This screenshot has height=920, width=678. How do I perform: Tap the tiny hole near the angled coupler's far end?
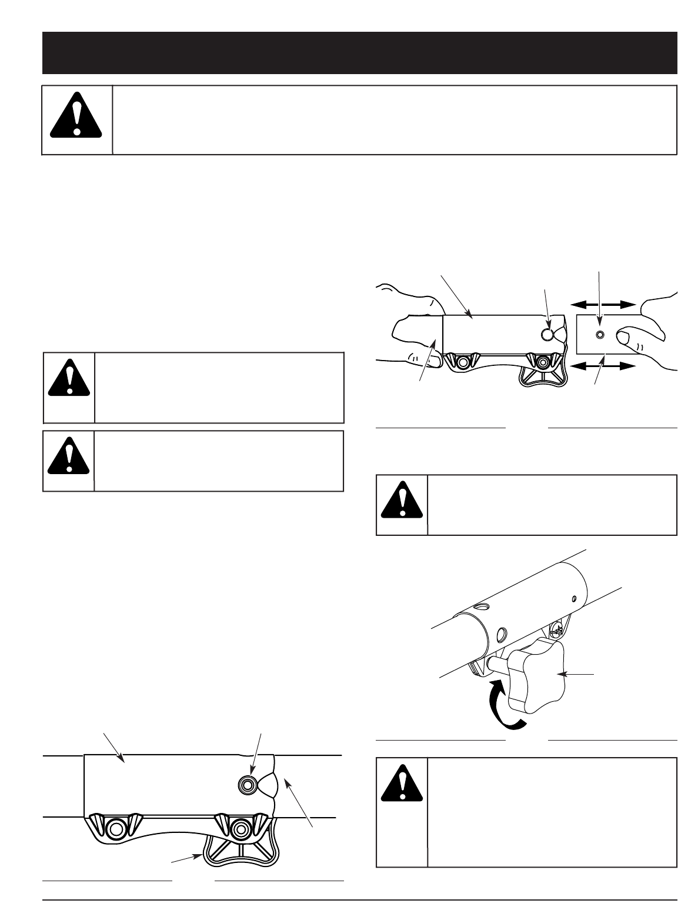[574, 599]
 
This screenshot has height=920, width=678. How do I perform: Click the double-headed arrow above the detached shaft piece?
[604, 304]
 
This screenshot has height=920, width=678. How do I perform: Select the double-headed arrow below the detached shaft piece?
[604, 366]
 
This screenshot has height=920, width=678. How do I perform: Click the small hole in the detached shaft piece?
[599, 335]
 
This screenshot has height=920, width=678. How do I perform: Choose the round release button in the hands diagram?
[547, 335]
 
